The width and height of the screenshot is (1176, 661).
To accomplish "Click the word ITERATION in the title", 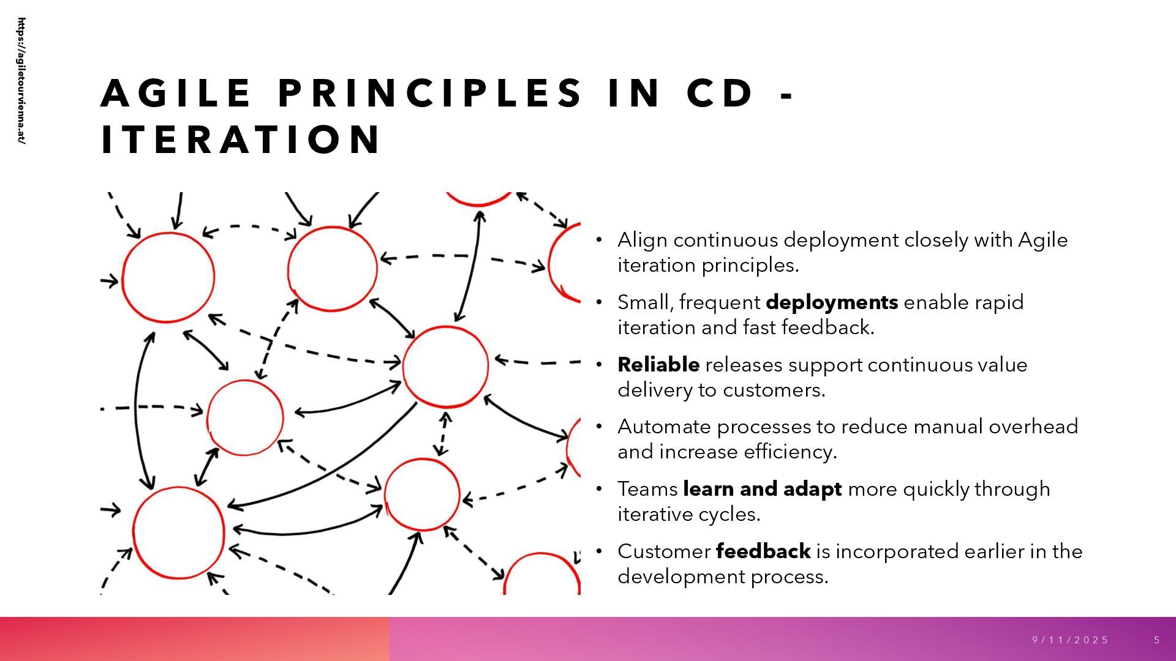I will (241, 140).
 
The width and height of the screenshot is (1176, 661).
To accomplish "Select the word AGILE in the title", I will (176, 94).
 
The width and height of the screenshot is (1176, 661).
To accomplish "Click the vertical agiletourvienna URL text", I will (22, 81).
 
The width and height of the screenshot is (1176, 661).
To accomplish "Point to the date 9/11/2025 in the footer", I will (1070, 640).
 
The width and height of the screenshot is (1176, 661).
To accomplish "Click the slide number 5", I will (1157, 640).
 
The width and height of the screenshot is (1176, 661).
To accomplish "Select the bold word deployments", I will (832, 302).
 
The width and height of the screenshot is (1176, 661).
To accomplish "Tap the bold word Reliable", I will (658, 365).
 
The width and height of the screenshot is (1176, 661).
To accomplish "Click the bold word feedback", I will (763, 551).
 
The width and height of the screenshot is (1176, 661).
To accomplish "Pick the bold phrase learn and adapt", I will (762, 489).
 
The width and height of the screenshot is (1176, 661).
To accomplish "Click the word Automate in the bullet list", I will (664, 427).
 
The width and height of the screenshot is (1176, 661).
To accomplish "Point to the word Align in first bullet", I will (642, 240).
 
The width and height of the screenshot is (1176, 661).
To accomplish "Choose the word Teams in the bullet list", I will (647, 489).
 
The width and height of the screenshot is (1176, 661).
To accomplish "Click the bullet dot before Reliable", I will (600, 365).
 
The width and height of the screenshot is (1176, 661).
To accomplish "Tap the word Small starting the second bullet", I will (645, 302).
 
